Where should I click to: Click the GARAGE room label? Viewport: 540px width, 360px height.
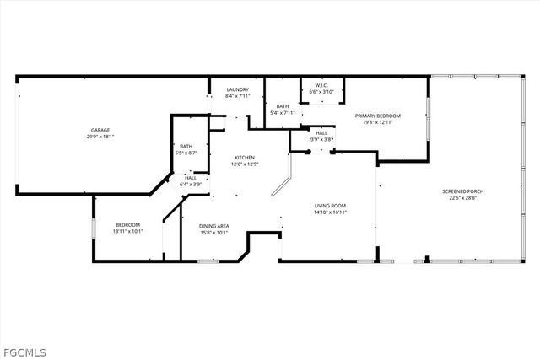click(101, 130)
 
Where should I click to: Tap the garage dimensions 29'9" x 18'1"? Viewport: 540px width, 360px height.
click(101, 137)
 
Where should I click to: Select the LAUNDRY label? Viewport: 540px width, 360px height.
click(237, 89)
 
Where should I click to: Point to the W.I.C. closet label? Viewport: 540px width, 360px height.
click(321, 85)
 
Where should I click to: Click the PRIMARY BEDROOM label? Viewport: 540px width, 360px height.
click(377, 116)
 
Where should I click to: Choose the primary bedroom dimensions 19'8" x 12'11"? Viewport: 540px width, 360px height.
click(377, 122)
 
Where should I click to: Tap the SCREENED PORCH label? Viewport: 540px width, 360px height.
click(463, 191)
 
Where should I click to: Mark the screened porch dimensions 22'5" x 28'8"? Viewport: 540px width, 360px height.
click(463, 198)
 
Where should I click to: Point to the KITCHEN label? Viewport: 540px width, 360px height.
click(245, 158)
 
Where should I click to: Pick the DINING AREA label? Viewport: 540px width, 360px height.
click(214, 225)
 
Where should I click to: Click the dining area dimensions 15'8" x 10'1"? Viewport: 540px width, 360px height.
click(214, 232)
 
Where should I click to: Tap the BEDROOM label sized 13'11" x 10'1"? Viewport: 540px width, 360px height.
click(127, 224)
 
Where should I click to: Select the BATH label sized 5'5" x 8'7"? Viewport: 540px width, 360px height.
click(186, 147)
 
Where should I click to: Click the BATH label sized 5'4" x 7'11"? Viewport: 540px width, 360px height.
click(282, 105)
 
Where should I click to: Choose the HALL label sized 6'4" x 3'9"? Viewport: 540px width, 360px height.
click(191, 177)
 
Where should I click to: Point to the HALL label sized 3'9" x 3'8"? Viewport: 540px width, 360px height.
click(321, 132)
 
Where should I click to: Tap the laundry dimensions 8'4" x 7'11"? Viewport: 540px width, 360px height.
click(237, 96)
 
